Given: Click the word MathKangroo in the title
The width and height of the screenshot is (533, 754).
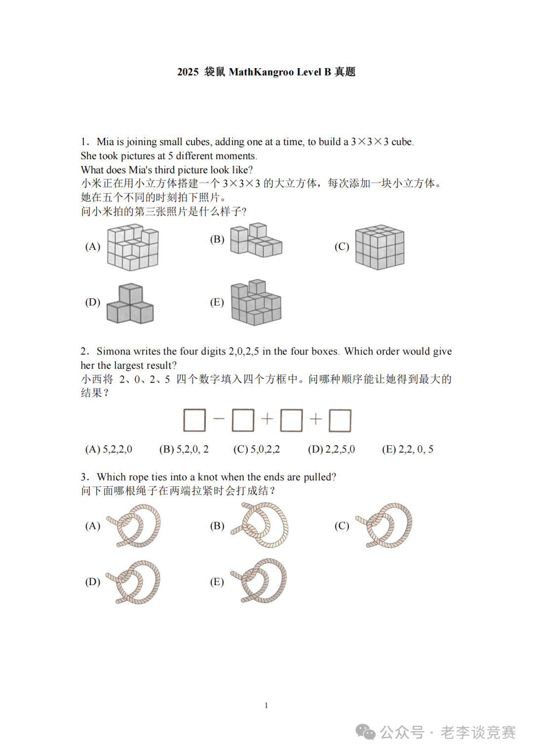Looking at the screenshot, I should pos(261,72).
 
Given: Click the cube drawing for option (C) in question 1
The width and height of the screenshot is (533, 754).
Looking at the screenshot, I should pos(380,247).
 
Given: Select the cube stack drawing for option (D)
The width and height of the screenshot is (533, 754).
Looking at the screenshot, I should pos(130,304).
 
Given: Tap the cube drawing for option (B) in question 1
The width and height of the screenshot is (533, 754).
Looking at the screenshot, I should pos(256,240).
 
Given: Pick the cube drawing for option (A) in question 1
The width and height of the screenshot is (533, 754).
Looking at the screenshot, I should pos(133,247).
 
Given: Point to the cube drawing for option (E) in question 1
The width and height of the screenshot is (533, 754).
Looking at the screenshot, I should pos(256,303).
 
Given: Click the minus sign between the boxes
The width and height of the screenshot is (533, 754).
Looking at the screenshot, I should pos(219,419).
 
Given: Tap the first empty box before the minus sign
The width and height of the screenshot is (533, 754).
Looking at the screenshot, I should pos(194,420).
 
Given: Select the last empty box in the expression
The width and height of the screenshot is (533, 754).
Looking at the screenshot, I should pos(340,420).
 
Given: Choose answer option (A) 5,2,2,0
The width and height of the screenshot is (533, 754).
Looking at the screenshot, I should pos(109,449).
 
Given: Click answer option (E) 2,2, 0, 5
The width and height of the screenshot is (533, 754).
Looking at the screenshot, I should pos(408,449).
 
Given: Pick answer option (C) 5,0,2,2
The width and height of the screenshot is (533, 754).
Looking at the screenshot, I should pos(257,449).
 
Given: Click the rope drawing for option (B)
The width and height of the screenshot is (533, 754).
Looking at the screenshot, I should pos(261,525).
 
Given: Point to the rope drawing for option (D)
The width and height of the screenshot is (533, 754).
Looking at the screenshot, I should pos(134,582).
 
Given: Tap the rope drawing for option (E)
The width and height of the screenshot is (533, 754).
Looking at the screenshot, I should pos(260,581).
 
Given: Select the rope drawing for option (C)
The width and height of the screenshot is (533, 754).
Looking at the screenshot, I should pos(385,525).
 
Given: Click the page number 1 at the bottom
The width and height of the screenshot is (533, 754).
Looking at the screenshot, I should pos(266,705).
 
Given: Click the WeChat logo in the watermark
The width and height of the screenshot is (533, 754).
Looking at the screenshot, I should pos(366,732).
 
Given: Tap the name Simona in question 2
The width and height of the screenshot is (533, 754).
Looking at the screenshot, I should pos(114,352).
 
